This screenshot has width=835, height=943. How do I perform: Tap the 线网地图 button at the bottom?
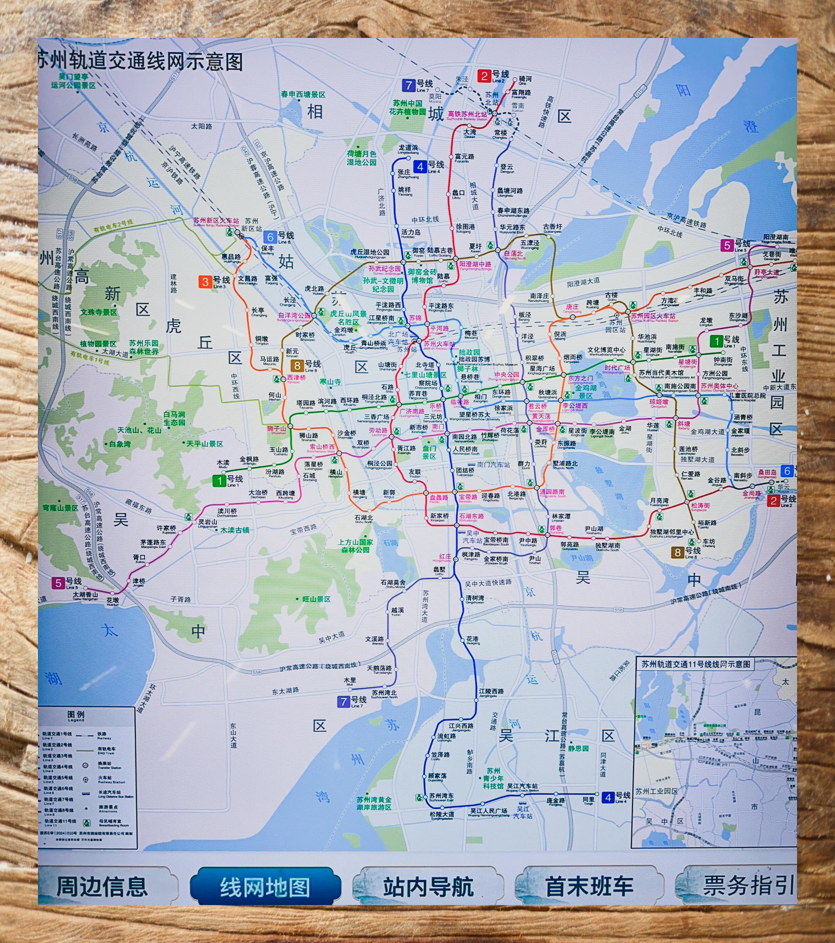264,887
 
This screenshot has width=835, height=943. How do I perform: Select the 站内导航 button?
428,887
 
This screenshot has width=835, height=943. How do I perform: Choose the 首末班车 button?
589,887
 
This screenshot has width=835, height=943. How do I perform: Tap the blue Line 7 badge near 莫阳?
408,85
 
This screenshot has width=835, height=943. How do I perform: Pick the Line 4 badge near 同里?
608,797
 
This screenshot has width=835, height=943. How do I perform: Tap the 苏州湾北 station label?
384,693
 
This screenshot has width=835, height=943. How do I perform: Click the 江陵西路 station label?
491,691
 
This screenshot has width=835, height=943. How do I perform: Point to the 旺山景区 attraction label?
316,599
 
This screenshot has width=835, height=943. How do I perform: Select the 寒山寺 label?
330,382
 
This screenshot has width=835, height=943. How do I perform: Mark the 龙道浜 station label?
408,148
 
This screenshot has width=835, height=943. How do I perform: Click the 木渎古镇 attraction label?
235,530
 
